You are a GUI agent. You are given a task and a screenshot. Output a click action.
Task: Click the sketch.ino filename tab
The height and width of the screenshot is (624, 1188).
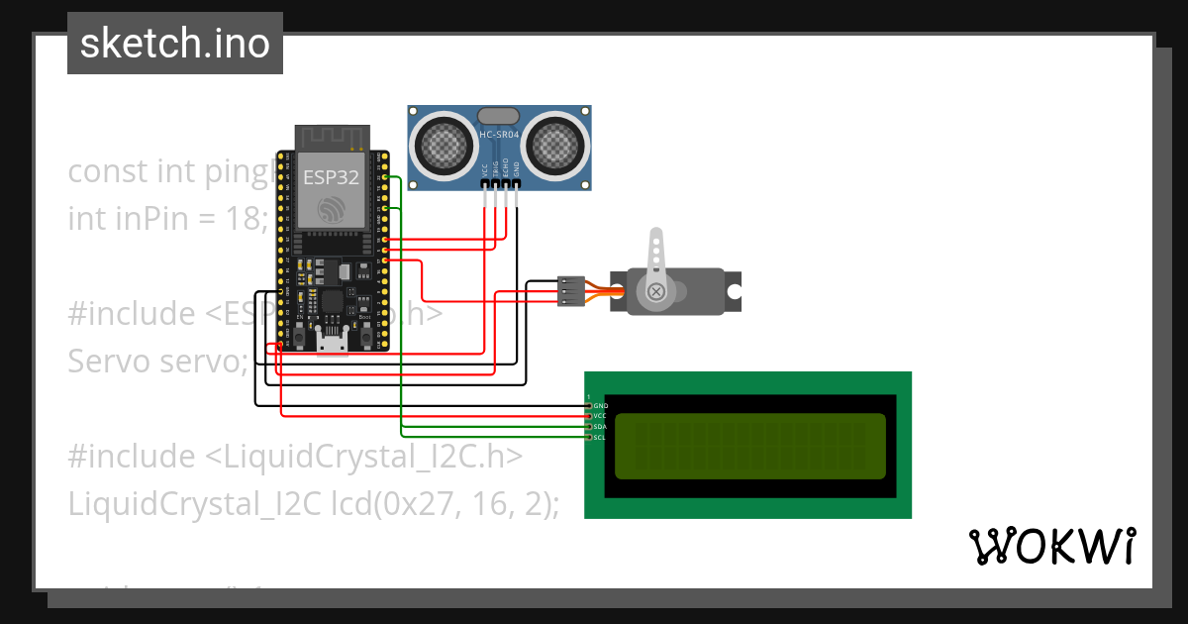click(175, 44)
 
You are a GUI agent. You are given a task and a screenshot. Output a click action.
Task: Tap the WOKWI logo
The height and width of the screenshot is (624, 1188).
click(1051, 546)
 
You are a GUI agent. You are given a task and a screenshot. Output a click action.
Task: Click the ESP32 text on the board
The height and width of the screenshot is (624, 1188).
click(330, 177)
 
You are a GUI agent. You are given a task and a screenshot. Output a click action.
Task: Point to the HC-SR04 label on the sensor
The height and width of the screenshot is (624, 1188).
click(500, 135)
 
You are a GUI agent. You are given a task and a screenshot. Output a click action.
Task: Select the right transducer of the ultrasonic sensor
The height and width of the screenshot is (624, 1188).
click(556, 147)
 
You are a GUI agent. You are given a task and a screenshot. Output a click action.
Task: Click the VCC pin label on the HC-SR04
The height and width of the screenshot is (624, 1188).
click(485, 169)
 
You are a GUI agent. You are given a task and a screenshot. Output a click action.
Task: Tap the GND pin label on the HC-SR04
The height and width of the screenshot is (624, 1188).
click(516, 169)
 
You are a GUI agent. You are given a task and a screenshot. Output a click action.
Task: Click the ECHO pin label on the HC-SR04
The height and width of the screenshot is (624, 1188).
click(506, 167)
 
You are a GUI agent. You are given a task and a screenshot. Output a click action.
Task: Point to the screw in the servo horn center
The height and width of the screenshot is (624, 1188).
click(655, 291)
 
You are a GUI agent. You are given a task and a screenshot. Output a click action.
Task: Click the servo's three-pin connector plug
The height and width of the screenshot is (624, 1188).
click(569, 290)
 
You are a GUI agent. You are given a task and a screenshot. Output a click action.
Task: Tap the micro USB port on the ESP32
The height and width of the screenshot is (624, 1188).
click(332, 343)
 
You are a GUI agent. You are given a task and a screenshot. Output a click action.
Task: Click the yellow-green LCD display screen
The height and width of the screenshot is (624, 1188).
click(750, 445)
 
